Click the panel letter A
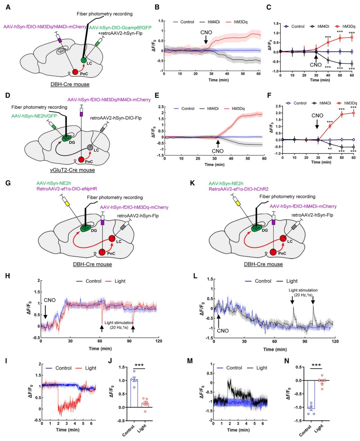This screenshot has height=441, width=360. [x=8, y=7]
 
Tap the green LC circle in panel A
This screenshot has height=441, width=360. [x=83, y=60]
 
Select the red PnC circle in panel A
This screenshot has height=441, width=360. [x=75, y=72]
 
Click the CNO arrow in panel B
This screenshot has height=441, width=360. [x=206, y=41]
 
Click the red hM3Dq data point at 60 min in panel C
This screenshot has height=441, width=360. [x=352, y=37]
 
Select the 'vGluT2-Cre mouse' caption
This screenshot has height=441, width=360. [x=73, y=170]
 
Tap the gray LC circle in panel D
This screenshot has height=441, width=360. [x=90, y=148]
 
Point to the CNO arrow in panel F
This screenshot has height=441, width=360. [x=317, y=124]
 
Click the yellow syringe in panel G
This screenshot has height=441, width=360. [x=67, y=203]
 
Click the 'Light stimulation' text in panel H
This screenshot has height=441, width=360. [x=119, y=323]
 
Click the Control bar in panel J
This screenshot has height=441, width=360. [x=134, y=394]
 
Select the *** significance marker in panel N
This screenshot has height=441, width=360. [x=316, y=365]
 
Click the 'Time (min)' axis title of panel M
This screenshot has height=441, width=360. [x=238, y=430]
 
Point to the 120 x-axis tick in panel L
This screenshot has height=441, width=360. [x=335, y=341]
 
